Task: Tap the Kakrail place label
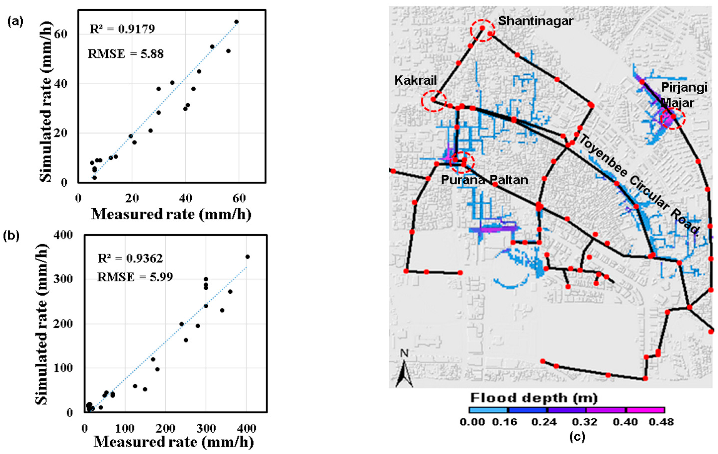pos(415,80)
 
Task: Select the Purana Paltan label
pos(484,180)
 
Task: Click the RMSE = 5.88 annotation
pos(126,54)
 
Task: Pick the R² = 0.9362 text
pos(130,258)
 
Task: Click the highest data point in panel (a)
pos(236,22)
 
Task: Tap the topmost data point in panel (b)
pos(247,257)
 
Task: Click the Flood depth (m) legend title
pos(534,398)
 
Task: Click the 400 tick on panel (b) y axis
pos(63,235)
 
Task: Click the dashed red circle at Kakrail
pos(434,101)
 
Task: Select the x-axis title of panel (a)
pos(171,214)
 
